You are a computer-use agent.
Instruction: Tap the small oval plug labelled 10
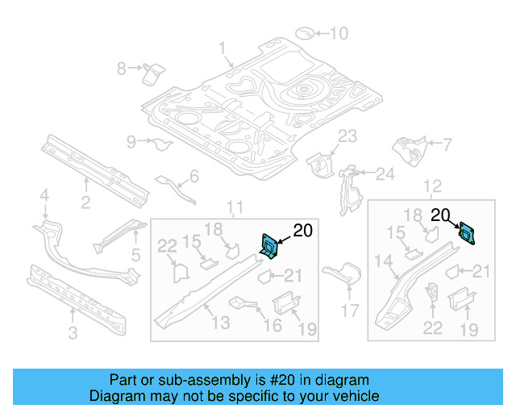click(304, 33)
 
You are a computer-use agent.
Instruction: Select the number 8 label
click(122, 69)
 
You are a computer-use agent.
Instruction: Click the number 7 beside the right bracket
click(447, 144)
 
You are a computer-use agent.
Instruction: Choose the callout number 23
click(347, 136)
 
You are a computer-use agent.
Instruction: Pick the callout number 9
click(131, 143)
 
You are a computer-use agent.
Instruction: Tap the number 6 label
click(194, 177)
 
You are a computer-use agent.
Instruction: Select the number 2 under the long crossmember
click(85, 202)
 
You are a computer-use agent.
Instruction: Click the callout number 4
click(45, 194)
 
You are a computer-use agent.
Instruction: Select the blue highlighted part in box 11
click(269, 245)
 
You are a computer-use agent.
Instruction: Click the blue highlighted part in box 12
click(466, 232)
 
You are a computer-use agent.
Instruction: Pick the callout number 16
click(273, 324)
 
